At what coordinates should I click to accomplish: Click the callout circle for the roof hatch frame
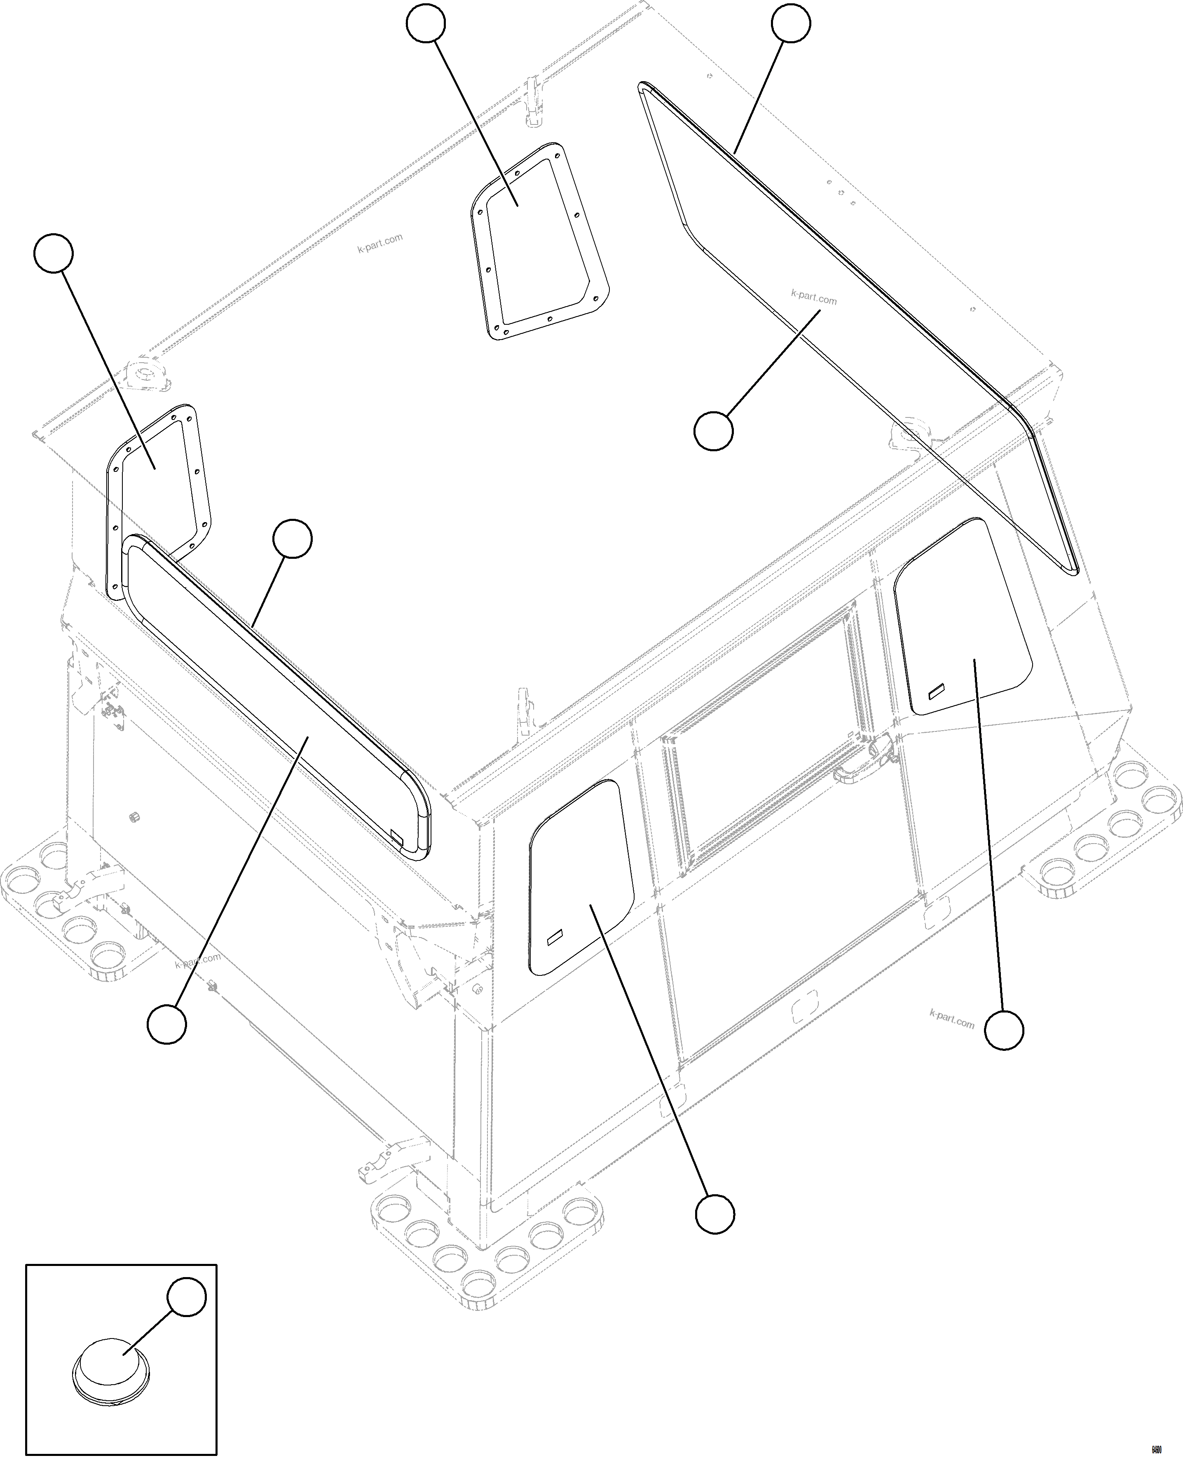(426, 23)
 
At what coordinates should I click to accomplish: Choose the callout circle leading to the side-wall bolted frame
(53, 253)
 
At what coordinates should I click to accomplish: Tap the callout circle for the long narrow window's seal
(292, 539)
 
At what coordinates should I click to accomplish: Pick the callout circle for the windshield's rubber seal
(790, 23)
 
